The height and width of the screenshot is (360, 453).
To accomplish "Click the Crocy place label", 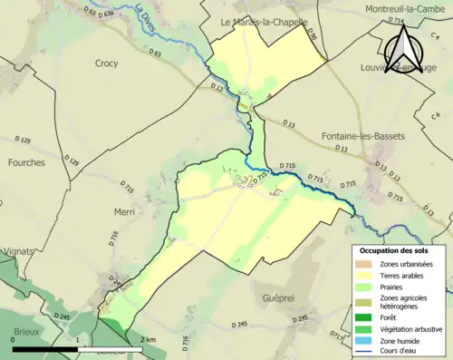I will click(x=106, y=63).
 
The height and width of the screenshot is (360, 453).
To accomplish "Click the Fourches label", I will click(x=25, y=163).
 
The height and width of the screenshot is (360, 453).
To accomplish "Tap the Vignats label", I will click(x=17, y=251).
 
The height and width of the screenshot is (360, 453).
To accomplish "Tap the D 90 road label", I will click(x=311, y=34).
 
